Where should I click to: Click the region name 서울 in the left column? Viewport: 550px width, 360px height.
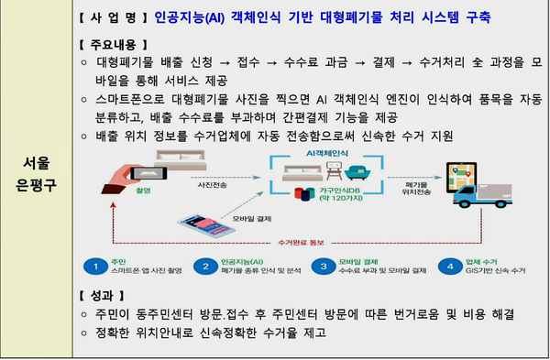[37, 164]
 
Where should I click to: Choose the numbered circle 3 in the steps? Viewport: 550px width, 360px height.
[323, 267]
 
